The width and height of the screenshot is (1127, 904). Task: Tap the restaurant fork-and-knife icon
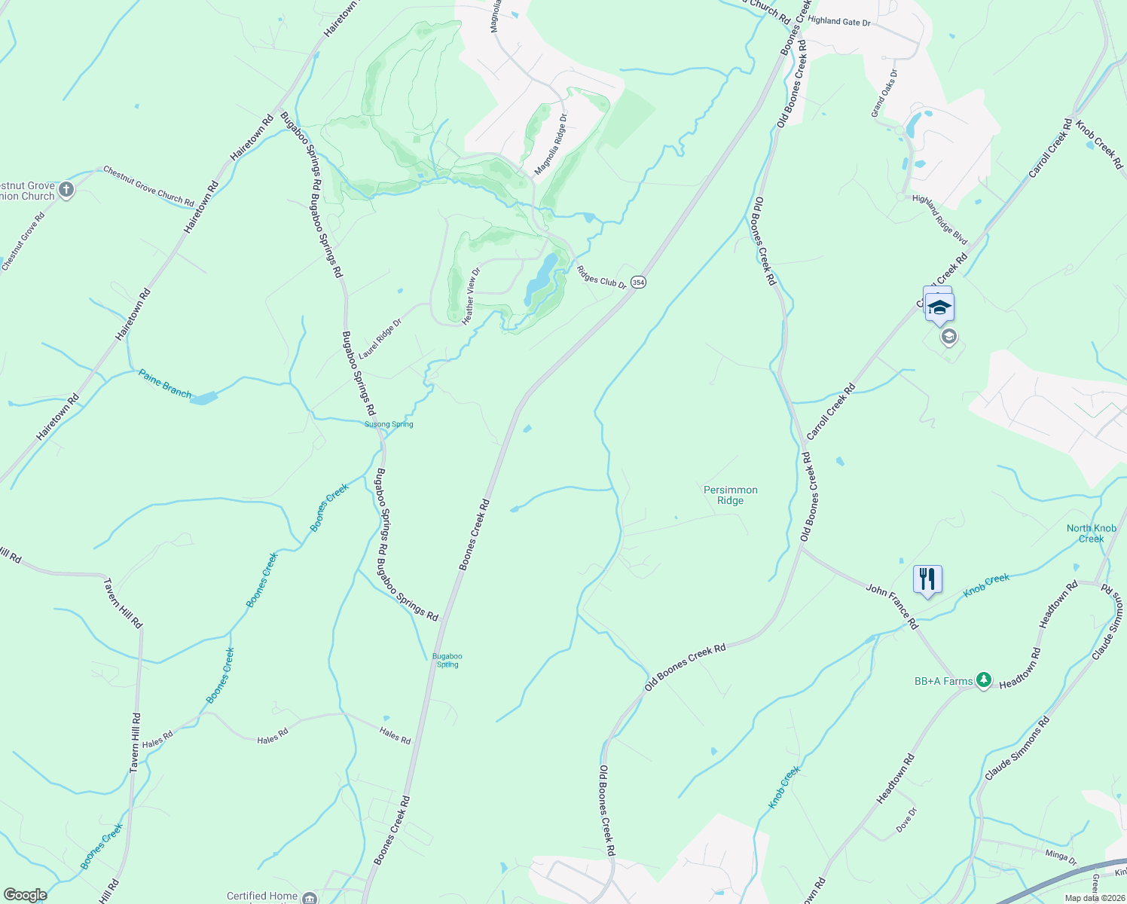[x=927, y=579]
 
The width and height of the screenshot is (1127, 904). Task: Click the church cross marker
[x=66, y=189]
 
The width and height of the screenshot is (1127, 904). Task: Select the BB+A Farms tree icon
[x=983, y=680]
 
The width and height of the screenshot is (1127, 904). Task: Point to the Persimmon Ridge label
[x=730, y=495]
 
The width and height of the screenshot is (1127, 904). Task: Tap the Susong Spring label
[x=389, y=424]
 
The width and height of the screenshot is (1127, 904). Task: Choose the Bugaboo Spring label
[x=447, y=660]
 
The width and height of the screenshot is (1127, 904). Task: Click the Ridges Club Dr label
[x=601, y=276]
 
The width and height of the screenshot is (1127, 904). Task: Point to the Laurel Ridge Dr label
[x=380, y=338]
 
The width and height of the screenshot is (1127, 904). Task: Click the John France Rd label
[x=892, y=606]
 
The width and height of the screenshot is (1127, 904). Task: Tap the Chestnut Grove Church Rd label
[x=148, y=186]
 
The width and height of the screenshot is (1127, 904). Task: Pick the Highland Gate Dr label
[x=839, y=22]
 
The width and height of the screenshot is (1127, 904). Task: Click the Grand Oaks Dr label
[x=884, y=93]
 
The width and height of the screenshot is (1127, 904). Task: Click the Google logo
[x=26, y=895]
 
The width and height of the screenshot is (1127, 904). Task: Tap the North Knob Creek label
[x=1091, y=533]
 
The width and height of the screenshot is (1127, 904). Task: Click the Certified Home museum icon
[x=310, y=897]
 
